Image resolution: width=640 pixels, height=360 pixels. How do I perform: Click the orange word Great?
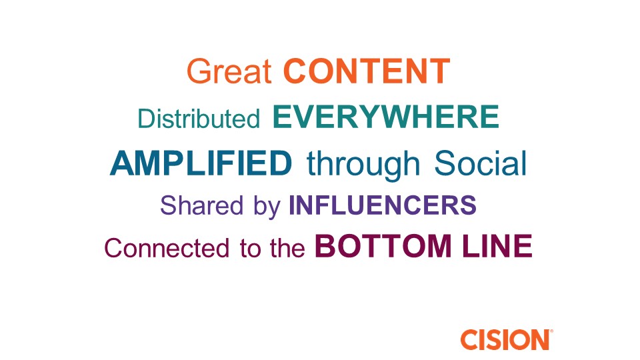(229, 71)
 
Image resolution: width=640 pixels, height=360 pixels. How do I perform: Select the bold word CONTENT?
(367, 71)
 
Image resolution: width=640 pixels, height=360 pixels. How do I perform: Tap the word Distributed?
(199, 119)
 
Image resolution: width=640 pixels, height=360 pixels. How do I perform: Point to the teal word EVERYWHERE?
(386, 117)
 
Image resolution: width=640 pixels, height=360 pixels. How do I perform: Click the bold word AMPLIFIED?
(201, 163)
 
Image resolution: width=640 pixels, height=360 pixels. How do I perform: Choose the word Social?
(481, 163)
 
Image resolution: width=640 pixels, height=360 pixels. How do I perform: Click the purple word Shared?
(201, 205)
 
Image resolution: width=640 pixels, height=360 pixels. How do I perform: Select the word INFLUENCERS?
(383, 205)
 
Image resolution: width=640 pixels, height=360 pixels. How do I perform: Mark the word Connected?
(167, 248)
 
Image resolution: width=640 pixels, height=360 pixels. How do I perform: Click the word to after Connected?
(250, 249)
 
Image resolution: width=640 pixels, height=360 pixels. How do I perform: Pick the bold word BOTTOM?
(383, 246)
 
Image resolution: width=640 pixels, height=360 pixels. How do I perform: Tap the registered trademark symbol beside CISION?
(551, 331)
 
